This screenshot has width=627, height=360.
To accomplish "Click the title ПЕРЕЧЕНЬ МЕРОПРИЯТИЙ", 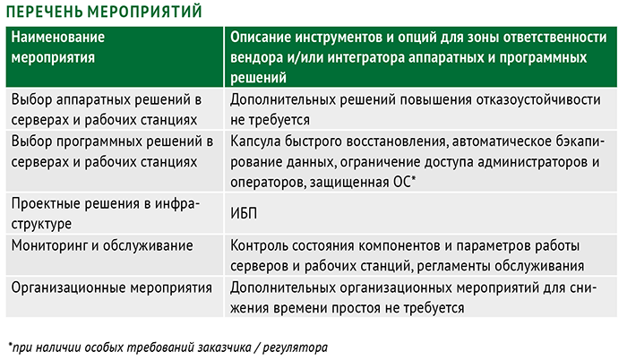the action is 104,12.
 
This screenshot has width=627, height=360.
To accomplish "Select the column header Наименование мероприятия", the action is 58,47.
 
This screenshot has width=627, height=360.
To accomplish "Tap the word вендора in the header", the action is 256,57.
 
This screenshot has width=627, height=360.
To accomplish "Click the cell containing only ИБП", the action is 244,213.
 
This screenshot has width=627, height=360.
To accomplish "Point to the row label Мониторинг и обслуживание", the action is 102,245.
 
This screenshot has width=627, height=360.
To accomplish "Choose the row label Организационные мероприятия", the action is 112,287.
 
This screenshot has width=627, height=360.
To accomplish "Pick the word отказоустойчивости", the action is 538,99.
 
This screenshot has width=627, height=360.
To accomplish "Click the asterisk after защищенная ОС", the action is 414,179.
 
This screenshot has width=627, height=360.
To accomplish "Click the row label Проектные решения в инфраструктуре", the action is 105,214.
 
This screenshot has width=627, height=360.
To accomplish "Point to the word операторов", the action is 268,183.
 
